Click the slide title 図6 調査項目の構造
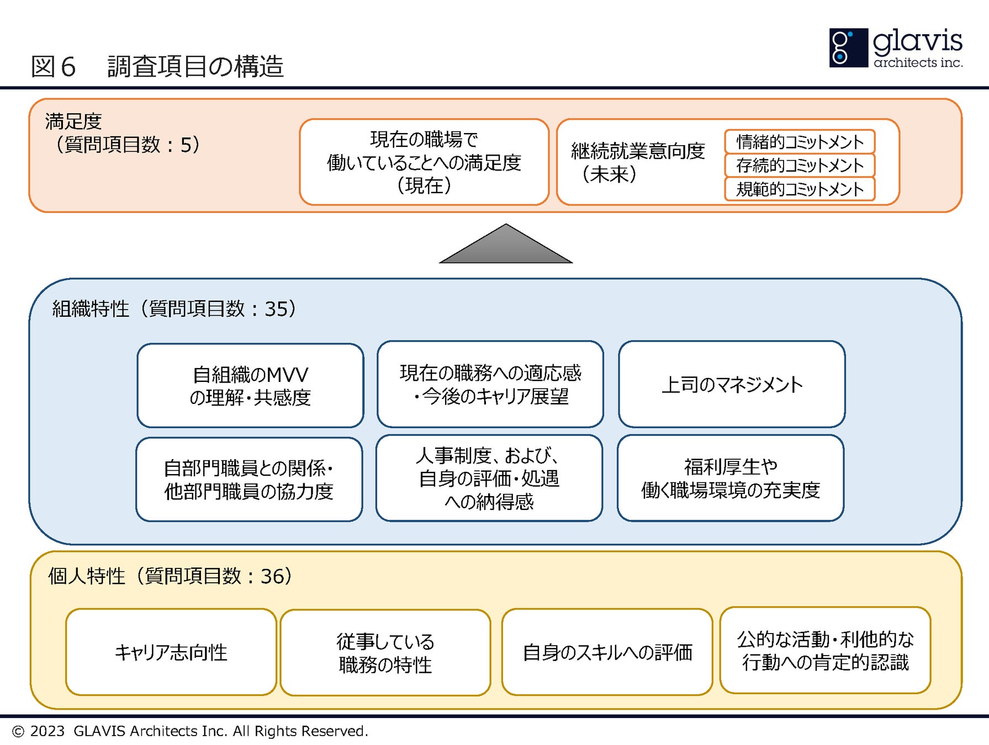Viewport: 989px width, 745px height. [157, 66]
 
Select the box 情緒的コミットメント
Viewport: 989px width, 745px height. [800, 142]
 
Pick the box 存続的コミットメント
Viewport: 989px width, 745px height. [800, 165]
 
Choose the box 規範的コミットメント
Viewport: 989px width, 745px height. [800, 189]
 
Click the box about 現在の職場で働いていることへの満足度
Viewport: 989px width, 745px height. [424, 162]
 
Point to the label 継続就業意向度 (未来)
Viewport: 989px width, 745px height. [638, 162]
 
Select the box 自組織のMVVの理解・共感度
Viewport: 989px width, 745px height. [250, 385]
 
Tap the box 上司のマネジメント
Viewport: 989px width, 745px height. [732, 384]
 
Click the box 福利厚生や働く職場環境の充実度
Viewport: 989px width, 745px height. [731, 478]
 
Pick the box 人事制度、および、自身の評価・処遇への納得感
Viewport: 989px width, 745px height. [489, 478]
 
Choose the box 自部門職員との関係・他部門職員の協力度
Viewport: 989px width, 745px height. [249, 479]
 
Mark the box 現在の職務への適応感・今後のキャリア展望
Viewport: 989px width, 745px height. [490, 384]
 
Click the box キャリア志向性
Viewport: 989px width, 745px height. [171, 652]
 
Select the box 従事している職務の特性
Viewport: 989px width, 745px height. [385, 653]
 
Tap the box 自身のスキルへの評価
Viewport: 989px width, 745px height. [607, 652]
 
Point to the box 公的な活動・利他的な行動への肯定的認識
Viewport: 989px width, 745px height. [826, 650]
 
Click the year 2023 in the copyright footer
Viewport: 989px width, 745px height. [47, 731]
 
